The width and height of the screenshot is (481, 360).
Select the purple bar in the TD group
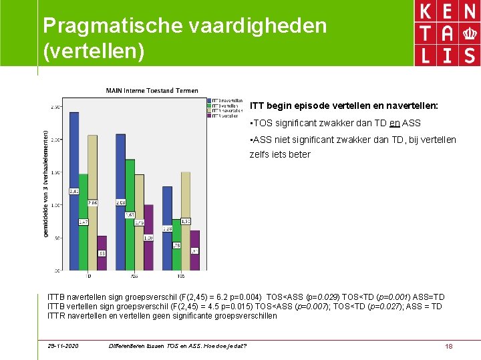(x=102, y=253)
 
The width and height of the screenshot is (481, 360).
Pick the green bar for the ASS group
(x=130, y=214)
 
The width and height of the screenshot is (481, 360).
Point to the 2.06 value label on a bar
(x=92, y=202)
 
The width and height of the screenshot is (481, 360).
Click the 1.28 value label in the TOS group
(x=167, y=228)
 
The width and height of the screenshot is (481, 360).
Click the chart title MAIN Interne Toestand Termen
(x=151, y=91)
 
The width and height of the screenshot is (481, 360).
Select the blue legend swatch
(x=210, y=100)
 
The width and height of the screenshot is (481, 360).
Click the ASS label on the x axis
(x=134, y=275)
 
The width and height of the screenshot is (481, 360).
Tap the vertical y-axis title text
(x=45, y=183)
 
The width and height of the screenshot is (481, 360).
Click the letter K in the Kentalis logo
(x=424, y=13)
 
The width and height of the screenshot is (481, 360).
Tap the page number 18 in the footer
(x=448, y=346)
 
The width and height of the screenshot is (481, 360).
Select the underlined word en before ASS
(x=395, y=124)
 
